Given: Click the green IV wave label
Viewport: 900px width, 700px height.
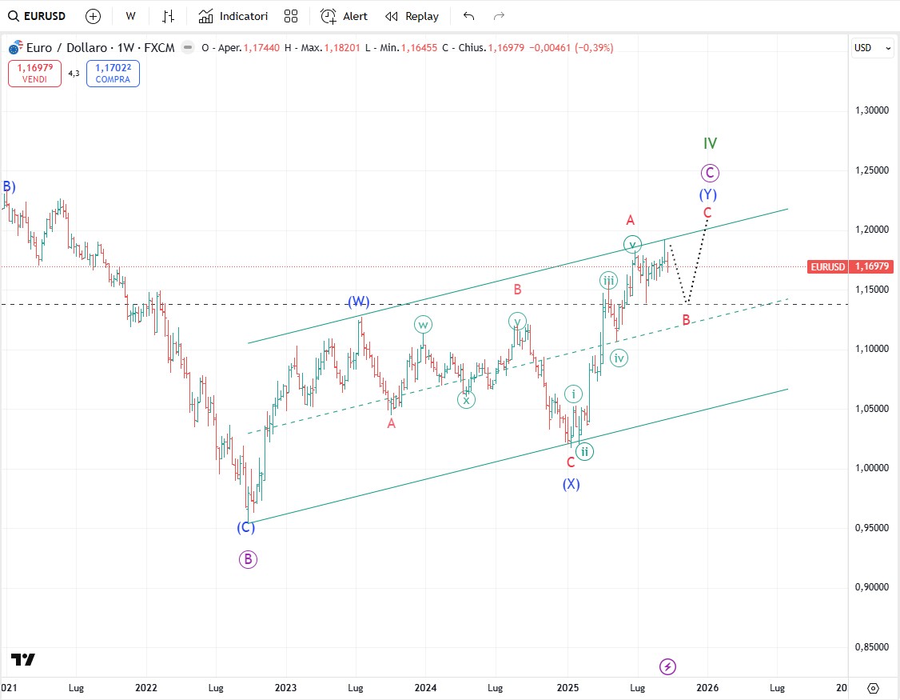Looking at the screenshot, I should (x=710, y=143).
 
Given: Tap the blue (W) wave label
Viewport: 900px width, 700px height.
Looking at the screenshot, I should (x=358, y=302).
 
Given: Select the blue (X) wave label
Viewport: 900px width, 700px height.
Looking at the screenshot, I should (x=571, y=484).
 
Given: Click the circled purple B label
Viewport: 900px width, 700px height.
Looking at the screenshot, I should (x=248, y=559).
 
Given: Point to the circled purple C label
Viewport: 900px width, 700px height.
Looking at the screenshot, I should (x=709, y=172).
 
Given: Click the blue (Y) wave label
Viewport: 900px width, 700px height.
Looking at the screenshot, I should (x=707, y=194).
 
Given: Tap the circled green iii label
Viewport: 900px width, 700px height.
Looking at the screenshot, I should (x=609, y=280).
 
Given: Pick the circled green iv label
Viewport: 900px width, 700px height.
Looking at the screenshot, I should (x=619, y=358).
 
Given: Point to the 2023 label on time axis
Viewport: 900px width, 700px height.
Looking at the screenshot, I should (x=285, y=687).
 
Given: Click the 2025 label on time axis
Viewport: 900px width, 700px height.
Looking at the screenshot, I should (x=567, y=687).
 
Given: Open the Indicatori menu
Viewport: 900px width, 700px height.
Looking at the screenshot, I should (x=233, y=16).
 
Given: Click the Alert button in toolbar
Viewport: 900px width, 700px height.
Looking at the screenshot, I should (x=344, y=16).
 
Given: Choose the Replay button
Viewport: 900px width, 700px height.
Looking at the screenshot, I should (x=412, y=16).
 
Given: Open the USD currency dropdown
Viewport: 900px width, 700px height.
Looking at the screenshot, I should (x=872, y=48).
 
